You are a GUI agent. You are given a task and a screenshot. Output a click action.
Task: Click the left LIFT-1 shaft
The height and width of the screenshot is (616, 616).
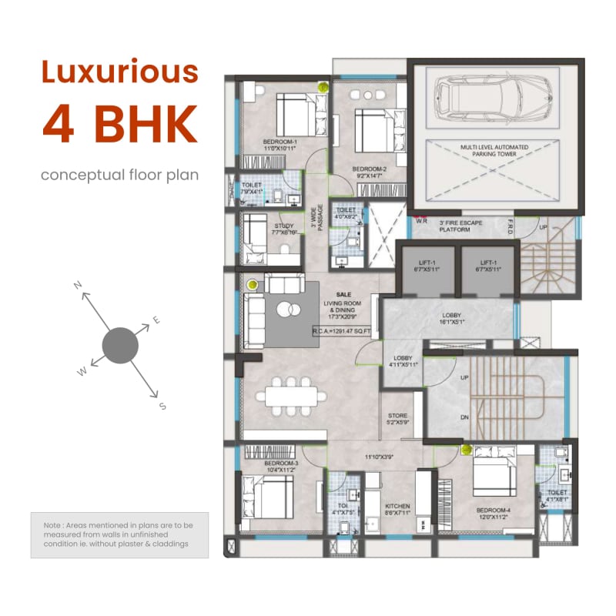[425, 266]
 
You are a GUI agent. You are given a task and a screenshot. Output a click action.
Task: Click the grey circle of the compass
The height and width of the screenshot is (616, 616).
[119, 345]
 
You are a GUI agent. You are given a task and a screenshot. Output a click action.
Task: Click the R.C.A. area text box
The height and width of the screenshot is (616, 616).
[342, 331]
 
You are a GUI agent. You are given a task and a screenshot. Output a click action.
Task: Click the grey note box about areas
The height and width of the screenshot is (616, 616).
[119, 534]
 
